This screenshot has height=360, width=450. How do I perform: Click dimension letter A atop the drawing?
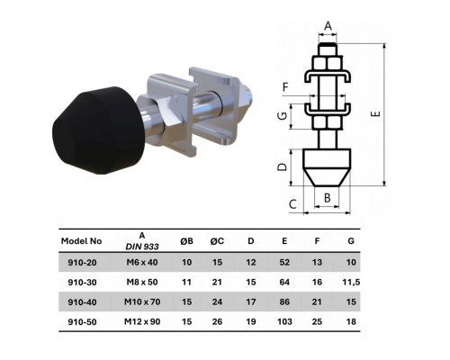(x=328, y=26)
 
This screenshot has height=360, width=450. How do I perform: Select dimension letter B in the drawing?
(x=328, y=197)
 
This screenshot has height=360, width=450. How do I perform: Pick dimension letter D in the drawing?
(x=282, y=167)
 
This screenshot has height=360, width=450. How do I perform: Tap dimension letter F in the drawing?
(x=285, y=87)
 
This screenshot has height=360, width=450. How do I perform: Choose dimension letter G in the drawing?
(x=282, y=116)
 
